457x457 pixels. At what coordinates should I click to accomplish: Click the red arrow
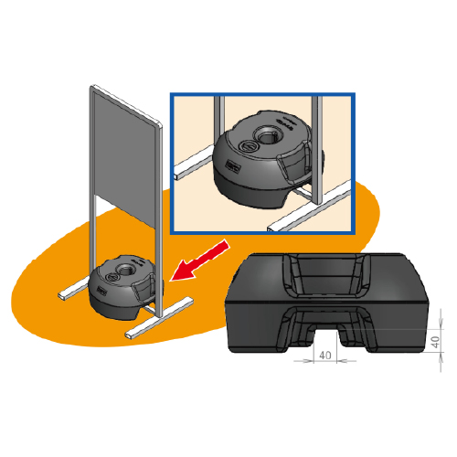[199, 260]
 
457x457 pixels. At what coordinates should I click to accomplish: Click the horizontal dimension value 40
[325, 356]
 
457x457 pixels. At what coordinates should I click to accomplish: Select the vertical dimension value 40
[436, 342]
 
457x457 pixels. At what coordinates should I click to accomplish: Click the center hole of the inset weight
[267, 135]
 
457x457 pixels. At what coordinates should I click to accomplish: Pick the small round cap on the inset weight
[248, 147]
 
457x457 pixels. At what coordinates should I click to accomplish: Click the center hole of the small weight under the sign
[123, 270]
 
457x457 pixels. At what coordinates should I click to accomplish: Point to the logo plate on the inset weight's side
[233, 166]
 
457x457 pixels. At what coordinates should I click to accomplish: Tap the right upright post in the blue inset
[317, 150]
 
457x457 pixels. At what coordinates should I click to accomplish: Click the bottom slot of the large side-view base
[326, 331]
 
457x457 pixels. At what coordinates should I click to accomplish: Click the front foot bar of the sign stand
[159, 318]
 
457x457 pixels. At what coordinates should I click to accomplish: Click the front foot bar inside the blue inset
[310, 207]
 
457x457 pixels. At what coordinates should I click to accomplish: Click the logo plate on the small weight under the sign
[101, 290]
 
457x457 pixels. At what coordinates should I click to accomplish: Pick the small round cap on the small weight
[112, 277]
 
